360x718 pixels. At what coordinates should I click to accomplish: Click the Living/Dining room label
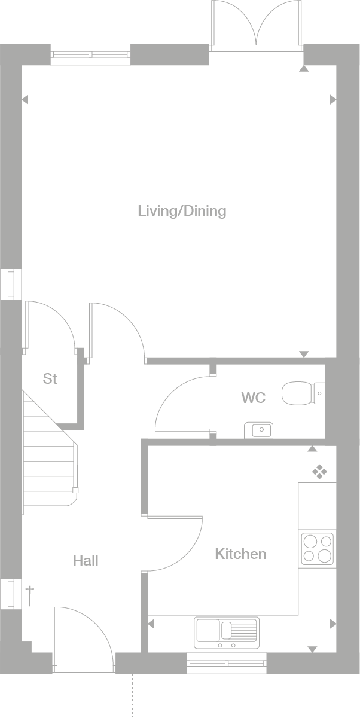(182, 211)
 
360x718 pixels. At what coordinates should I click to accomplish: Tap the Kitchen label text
(240, 554)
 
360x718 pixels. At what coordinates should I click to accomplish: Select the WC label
(253, 398)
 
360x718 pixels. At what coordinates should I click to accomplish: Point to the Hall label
(86, 561)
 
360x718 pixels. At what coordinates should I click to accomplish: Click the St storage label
(50, 379)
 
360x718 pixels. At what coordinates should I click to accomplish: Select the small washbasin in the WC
(258, 430)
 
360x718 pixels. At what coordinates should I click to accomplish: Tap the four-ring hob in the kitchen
(317, 549)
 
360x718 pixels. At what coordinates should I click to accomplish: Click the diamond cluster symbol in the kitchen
(320, 472)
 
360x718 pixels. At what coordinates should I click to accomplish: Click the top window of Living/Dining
(90, 54)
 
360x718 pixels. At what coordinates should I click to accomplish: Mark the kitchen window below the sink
(227, 662)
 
